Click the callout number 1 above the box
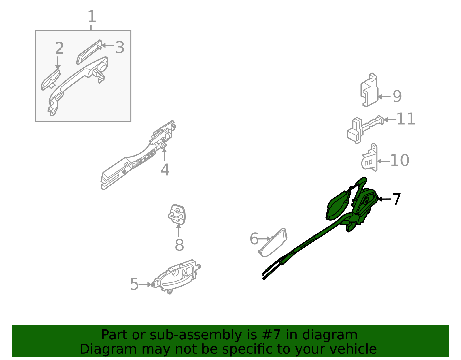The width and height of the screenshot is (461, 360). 92,16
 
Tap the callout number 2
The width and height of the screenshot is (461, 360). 59,48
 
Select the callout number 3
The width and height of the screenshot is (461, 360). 120,47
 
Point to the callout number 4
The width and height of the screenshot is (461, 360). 165,170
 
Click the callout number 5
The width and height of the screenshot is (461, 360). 134,284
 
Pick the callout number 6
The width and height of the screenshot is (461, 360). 254,239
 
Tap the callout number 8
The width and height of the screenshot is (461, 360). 179,245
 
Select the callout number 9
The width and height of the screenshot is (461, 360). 397,96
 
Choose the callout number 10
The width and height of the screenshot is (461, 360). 399,160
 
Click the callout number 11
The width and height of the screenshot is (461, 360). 405,119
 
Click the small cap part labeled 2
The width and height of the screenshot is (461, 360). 51,80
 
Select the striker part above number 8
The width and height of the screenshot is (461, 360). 177,214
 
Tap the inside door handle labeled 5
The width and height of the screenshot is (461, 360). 176,276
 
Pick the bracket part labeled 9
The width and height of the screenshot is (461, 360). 369,90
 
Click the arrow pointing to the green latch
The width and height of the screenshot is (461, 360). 384,199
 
